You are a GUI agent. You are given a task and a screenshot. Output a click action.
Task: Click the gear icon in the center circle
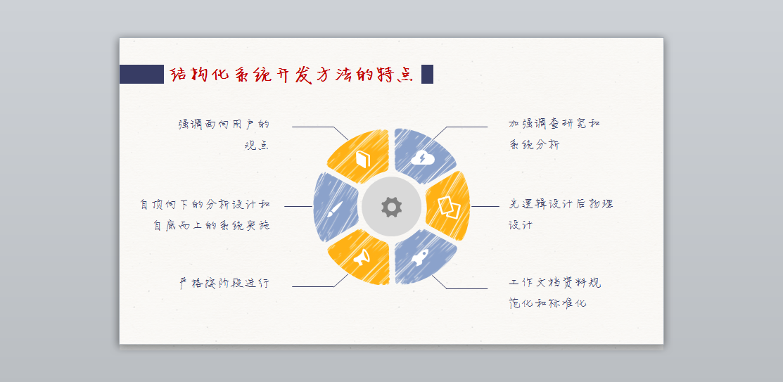click(x=391, y=206)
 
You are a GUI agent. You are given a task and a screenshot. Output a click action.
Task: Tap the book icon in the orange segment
click(x=363, y=159)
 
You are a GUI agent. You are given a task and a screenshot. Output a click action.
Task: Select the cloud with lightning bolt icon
click(x=423, y=158)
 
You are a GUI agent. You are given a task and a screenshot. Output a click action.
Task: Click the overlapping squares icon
click(x=448, y=207)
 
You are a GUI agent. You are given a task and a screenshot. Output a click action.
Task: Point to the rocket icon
click(x=421, y=257)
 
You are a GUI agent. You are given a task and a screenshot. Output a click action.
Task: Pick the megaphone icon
click(x=362, y=256)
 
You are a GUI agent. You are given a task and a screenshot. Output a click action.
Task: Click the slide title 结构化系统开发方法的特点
click(x=292, y=75)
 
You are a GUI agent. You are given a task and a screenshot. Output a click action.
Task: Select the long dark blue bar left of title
click(x=141, y=74)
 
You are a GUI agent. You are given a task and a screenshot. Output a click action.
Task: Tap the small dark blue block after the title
click(x=427, y=74)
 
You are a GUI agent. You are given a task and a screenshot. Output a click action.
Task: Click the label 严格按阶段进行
click(x=224, y=283)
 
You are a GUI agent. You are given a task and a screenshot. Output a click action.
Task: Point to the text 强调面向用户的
click(x=224, y=124)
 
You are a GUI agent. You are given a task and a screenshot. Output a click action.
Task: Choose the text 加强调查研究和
click(x=554, y=123)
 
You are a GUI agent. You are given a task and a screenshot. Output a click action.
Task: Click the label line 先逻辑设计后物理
click(x=561, y=204)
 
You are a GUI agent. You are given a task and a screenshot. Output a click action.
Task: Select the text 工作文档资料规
click(x=555, y=283)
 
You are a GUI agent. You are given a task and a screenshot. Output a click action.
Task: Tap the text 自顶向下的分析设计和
click(x=205, y=204)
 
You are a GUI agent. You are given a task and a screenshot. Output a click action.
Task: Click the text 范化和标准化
click(x=547, y=303)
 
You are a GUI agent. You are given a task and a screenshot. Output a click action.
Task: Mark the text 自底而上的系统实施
click(x=211, y=226)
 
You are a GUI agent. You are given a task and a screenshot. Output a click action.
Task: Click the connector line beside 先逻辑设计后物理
click(x=485, y=206)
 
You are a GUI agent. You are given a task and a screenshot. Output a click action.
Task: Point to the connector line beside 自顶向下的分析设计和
click(x=298, y=206)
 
